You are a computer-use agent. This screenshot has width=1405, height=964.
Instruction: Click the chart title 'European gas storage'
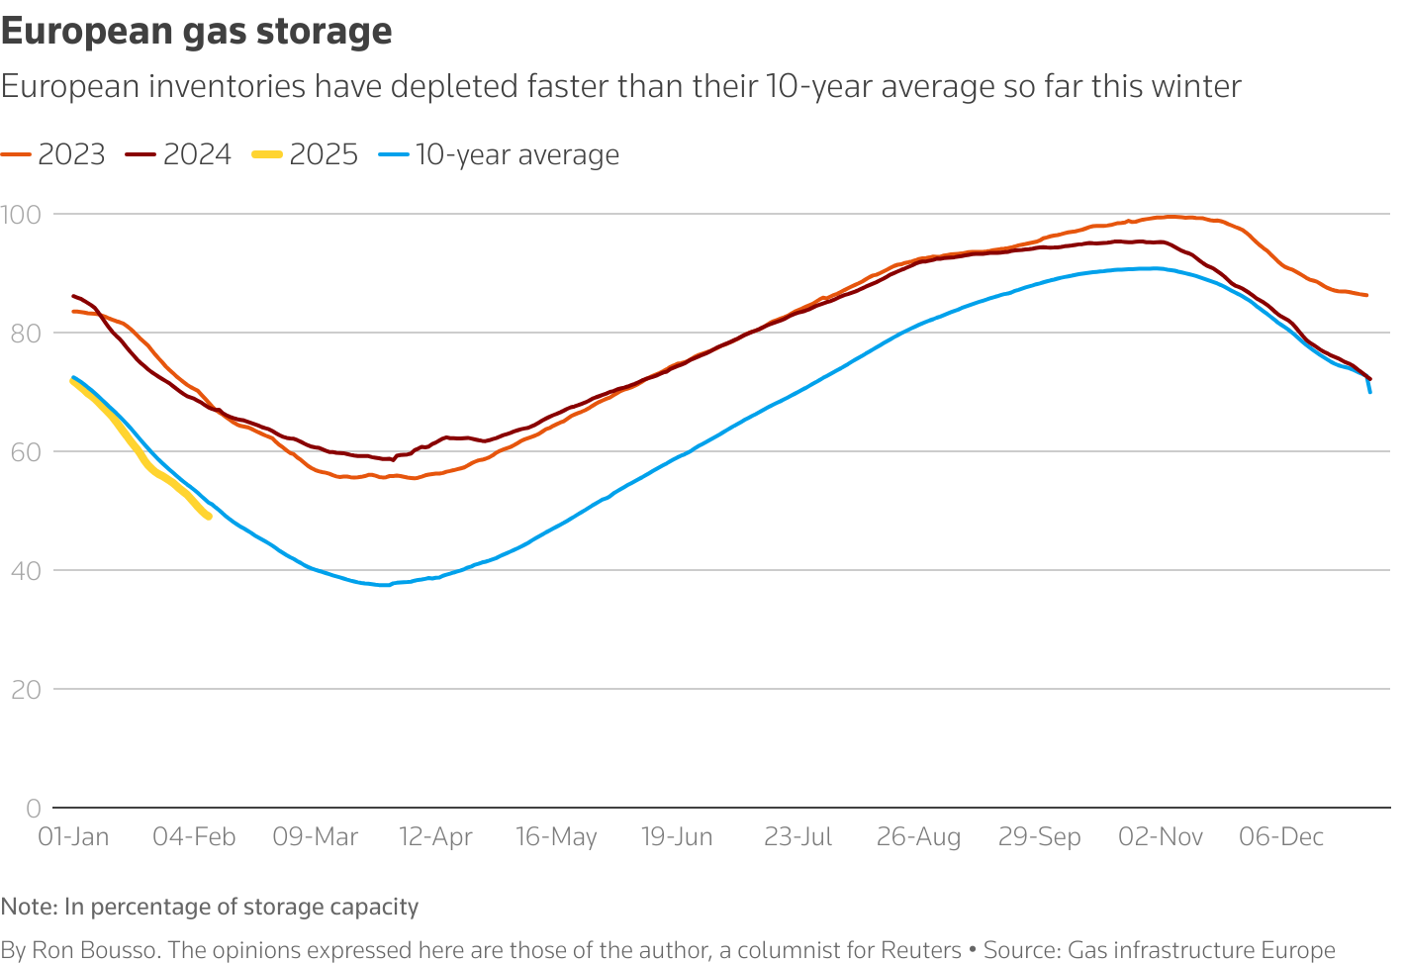196,32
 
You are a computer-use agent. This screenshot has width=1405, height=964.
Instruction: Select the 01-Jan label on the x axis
73,837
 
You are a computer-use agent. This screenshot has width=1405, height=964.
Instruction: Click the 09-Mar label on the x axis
315,837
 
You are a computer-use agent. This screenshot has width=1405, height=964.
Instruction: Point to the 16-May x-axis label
556,837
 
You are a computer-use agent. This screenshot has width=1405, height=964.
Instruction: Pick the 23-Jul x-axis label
797,837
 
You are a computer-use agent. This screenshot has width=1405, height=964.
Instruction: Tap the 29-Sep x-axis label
1039,837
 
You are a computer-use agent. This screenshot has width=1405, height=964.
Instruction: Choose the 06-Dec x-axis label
1281,837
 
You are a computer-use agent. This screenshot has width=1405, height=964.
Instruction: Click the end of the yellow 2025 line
208,516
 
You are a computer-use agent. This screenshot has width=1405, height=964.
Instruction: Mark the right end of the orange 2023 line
1366,295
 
